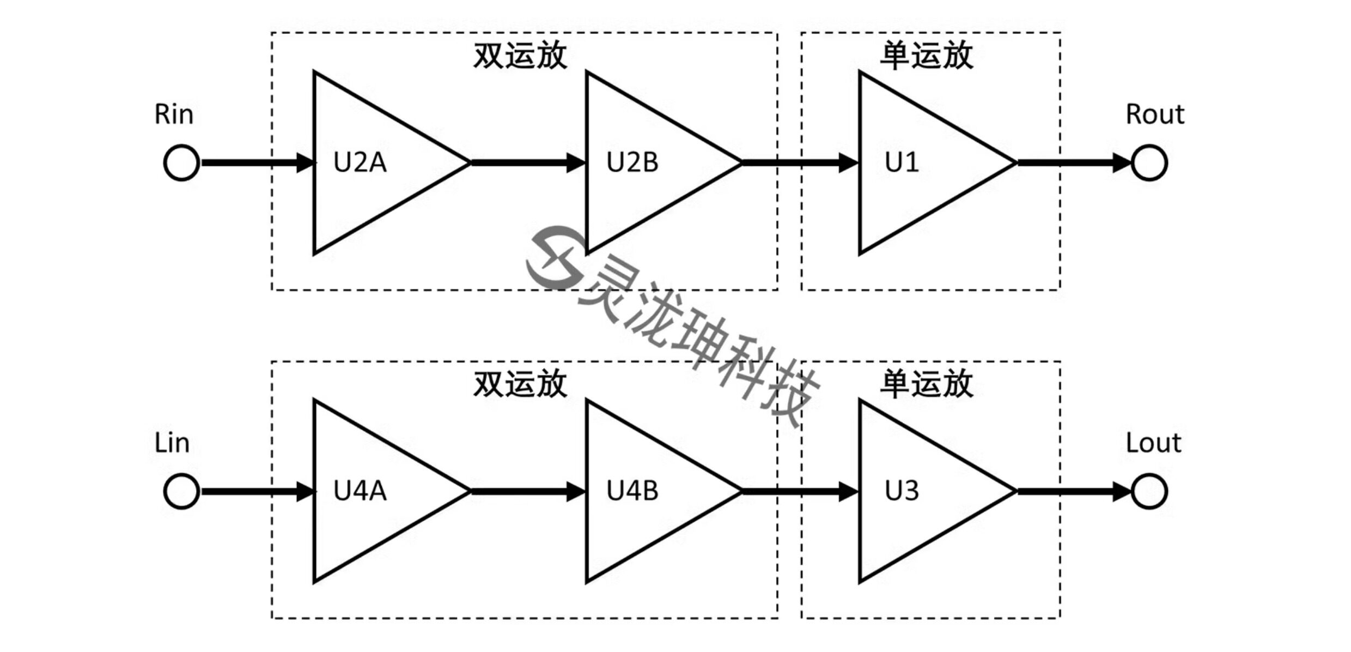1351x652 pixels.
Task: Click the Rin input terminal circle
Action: (181, 162)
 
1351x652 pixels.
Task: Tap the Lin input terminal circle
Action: (181, 491)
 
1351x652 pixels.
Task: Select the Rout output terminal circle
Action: (1149, 162)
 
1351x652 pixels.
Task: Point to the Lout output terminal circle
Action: (1149, 491)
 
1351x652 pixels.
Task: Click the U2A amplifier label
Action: (360, 162)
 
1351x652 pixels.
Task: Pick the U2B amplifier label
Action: (632, 162)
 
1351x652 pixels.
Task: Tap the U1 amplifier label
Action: (902, 162)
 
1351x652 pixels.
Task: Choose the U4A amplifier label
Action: (360, 491)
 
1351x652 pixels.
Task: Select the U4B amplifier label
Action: (632, 491)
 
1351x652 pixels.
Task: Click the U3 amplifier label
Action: (902, 491)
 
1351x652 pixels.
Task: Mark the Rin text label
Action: (174, 114)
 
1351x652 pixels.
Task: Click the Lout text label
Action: (1153, 443)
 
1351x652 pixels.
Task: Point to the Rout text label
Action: (1155, 114)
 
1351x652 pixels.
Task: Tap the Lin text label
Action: (172, 443)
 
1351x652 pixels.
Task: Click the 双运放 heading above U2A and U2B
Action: (520, 56)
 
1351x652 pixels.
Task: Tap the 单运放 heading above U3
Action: (927, 384)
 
